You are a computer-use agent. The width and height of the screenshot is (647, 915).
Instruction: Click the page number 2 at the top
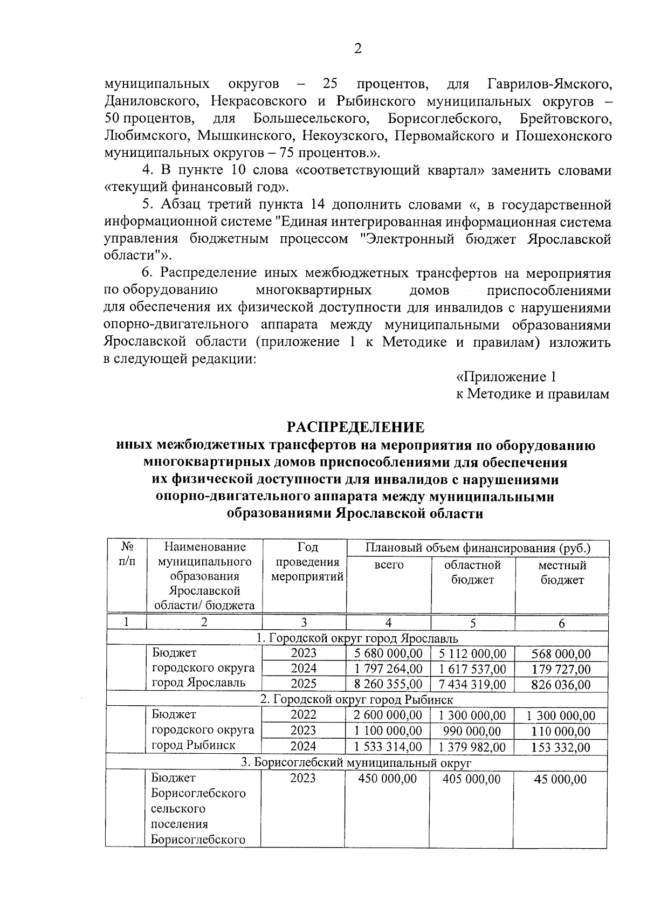pyautogui.click(x=357, y=49)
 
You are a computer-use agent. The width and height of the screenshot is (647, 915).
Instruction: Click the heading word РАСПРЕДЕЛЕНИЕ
pyautogui.click(x=355, y=427)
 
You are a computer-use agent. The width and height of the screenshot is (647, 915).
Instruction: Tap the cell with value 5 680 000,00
pyautogui.click(x=388, y=653)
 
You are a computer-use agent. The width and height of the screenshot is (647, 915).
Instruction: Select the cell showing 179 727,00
pyautogui.click(x=561, y=669)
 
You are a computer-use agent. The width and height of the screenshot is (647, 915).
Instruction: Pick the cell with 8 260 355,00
pyautogui.click(x=388, y=685)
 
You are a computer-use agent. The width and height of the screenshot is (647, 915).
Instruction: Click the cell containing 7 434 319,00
pyautogui.click(x=472, y=685)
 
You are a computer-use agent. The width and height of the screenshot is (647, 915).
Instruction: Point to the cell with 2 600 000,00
pyautogui.click(x=388, y=716)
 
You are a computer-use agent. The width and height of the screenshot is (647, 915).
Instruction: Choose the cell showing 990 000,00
pyautogui.click(x=472, y=731)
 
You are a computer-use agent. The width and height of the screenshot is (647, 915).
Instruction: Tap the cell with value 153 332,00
pyautogui.click(x=561, y=747)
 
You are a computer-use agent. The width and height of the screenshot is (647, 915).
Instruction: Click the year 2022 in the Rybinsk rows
pyautogui.click(x=304, y=716)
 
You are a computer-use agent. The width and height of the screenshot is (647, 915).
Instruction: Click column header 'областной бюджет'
pyautogui.click(x=472, y=572)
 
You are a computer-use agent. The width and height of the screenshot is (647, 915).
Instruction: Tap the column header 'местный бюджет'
pyautogui.click(x=562, y=572)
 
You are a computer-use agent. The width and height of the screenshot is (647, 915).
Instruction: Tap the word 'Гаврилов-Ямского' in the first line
pyautogui.click(x=549, y=84)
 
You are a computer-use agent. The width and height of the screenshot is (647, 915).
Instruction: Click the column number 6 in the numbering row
pyautogui.click(x=562, y=623)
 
